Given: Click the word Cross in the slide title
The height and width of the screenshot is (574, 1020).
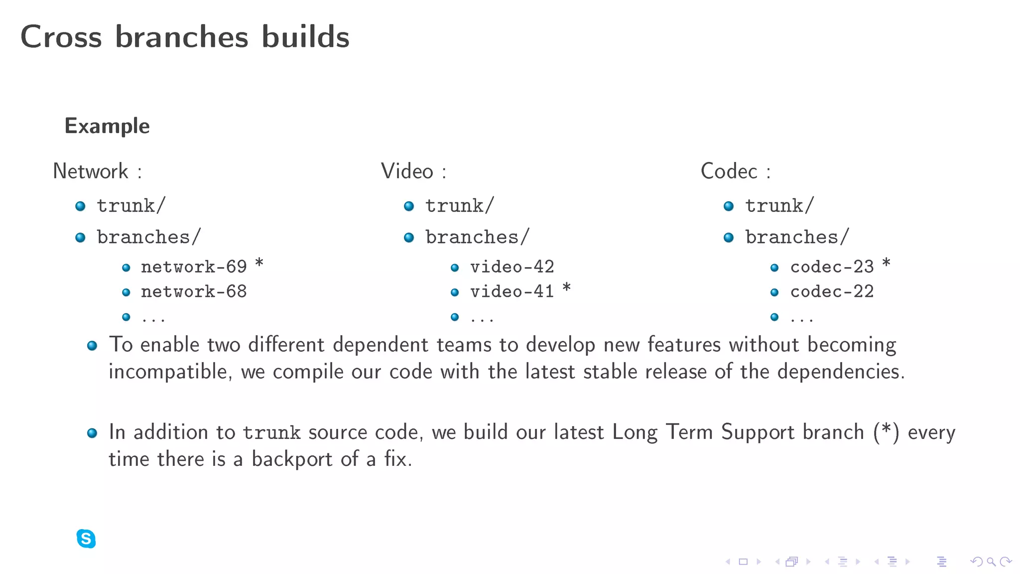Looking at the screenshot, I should point(61,37).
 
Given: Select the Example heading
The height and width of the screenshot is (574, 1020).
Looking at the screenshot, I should point(107,126).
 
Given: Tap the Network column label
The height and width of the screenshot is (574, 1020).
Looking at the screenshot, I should point(91,171).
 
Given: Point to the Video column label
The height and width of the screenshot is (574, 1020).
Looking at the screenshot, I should point(407,171).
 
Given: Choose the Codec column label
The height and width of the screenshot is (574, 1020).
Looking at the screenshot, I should point(729,171).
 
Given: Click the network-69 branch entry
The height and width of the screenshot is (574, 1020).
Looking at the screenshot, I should point(194,267).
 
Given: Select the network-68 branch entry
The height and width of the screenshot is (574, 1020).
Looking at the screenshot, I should point(194,292).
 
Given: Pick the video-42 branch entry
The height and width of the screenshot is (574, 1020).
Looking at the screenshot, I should point(512,267).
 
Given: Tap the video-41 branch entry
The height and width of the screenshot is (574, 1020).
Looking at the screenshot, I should point(512,292).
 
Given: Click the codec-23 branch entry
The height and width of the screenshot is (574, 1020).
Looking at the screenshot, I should point(832,267).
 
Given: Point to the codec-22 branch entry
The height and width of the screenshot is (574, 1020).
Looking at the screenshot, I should point(832,292).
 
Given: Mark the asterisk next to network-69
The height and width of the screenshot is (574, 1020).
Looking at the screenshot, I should point(259,263).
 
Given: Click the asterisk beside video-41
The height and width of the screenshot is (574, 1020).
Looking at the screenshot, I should point(566,288).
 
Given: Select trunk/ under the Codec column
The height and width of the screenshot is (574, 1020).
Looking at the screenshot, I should point(779,206).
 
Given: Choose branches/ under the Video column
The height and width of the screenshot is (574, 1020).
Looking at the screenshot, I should point(477,237).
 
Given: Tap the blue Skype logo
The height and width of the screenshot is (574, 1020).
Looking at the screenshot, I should point(86,539).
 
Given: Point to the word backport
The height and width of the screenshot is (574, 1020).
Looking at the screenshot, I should point(292,459).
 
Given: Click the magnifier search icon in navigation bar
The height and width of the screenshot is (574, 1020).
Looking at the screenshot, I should point(991,562).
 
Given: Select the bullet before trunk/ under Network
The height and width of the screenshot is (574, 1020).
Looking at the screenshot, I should point(80,206).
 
